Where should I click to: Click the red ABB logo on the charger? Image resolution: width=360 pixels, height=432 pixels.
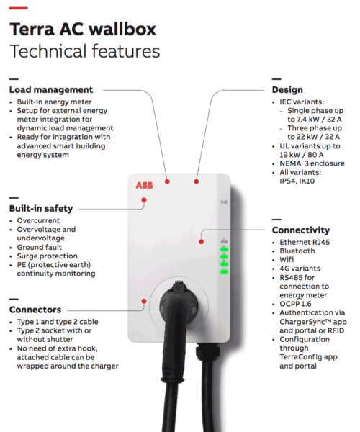point(144,185)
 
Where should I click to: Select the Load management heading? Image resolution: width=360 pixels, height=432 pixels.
point(51,90)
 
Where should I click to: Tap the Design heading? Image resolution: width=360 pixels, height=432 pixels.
point(287,90)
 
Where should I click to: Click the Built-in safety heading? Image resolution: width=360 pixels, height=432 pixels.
point(41,209)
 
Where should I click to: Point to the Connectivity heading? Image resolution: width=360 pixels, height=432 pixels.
point(301,230)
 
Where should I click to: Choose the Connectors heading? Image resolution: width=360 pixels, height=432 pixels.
point(35,310)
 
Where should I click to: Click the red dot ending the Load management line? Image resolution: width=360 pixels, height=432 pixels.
point(167,181)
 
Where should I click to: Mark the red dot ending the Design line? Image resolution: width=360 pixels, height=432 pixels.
point(196,181)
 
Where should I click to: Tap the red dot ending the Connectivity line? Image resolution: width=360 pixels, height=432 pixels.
point(202,242)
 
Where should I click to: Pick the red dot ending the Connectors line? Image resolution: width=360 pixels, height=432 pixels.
point(144,301)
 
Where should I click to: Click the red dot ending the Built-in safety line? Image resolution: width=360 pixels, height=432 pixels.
point(144,200)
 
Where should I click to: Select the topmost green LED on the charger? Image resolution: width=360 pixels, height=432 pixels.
point(224,249)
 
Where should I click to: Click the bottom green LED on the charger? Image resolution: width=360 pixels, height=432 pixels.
point(224,272)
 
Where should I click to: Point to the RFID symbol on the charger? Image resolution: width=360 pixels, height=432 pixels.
point(224,202)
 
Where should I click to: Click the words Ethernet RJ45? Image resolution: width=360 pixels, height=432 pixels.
point(305,242)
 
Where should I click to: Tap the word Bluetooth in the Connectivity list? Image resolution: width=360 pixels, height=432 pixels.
point(297,251)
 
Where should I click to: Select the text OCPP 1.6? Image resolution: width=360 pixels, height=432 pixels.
point(295,304)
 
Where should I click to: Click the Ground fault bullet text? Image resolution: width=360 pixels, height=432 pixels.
point(40,247)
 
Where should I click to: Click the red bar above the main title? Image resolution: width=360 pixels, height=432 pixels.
point(18,8)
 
